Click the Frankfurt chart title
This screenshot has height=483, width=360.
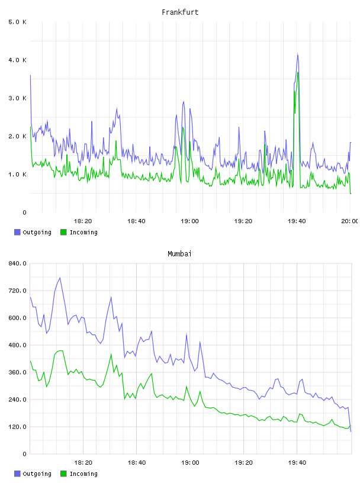point(180,12)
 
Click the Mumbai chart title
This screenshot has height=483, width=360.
point(179,254)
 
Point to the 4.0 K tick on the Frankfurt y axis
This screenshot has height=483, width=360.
point(18,60)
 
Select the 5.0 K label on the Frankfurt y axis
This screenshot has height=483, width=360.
point(18,22)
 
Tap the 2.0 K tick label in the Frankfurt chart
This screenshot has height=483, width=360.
point(18,137)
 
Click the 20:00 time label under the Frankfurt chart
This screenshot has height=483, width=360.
point(349,221)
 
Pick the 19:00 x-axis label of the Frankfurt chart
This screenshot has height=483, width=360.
point(189,221)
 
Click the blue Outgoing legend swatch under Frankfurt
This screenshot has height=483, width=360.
point(17,232)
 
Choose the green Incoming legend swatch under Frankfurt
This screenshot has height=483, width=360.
point(63,232)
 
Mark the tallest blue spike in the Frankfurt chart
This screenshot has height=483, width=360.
point(297,54)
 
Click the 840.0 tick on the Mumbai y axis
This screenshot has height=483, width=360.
point(18,263)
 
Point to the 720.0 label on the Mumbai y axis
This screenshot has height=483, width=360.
point(18,291)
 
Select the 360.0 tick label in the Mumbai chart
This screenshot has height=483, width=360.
point(18,372)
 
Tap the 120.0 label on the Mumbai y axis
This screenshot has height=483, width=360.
point(18,427)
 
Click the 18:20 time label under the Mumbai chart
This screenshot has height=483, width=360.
point(83,463)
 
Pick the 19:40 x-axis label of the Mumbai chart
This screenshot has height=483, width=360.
point(297,463)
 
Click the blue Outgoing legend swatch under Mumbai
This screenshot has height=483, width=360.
point(17,474)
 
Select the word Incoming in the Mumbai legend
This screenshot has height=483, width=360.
point(83,474)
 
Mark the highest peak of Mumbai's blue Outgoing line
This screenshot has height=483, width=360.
point(60,278)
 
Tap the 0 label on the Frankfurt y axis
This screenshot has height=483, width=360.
point(24,212)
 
